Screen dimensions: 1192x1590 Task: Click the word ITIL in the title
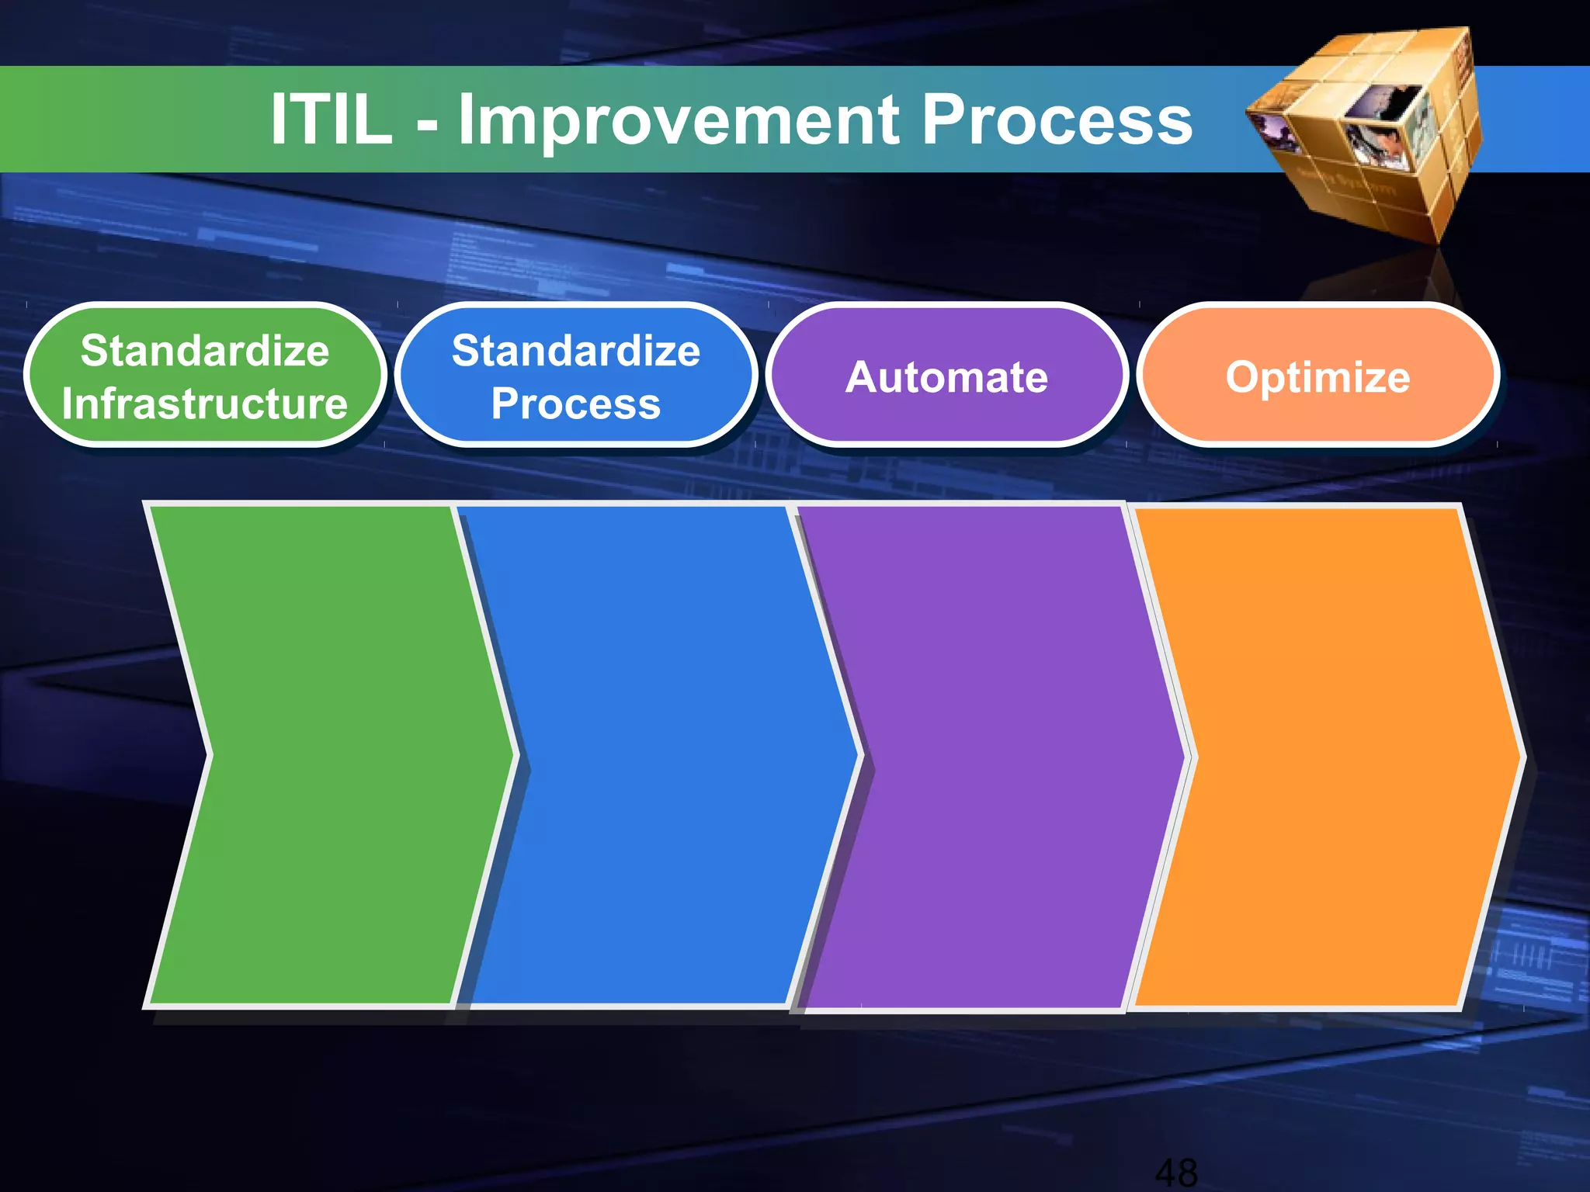(332, 120)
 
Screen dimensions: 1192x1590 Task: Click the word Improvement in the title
(679, 120)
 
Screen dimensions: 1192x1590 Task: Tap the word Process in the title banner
(1056, 120)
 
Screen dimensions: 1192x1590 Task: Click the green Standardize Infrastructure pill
(205, 376)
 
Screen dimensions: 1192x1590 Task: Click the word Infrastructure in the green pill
(205, 404)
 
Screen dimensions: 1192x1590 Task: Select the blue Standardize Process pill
(576, 376)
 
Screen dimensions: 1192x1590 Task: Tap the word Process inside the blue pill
(576, 404)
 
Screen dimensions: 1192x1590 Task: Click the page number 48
(1176, 1172)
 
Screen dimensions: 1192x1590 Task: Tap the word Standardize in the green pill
(205, 350)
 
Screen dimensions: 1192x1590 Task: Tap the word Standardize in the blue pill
(576, 350)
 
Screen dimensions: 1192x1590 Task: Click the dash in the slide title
(426, 123)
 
